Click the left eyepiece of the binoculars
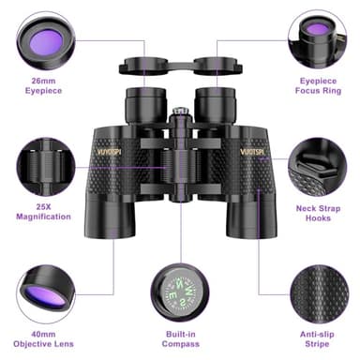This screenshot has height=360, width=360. click(145, 101)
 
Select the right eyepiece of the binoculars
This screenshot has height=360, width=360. click(213, 101)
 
